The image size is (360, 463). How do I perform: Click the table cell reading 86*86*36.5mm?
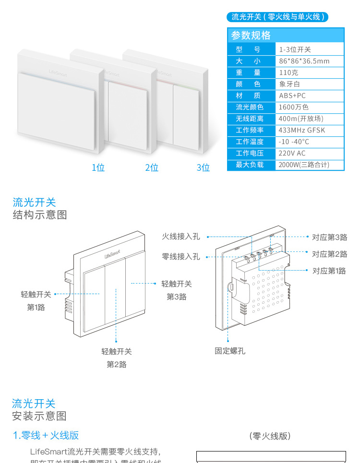point(304,61)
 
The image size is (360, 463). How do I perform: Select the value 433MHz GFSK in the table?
point(301,130)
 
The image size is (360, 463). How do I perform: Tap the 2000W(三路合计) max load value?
point(304,165)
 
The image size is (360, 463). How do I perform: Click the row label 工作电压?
point(250,153)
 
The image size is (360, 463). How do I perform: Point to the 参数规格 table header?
point(251,35)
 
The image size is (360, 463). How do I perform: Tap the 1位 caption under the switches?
point(98,167)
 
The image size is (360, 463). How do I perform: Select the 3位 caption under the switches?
point(203,167)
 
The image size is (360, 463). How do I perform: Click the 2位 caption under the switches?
point(152,167)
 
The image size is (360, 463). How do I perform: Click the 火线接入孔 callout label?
point(180,237)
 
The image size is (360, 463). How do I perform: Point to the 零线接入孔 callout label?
point(180,257)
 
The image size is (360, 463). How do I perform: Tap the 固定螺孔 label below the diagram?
point(230,351)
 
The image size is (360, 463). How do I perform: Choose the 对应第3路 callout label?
point(329,237)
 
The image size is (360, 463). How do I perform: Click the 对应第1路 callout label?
point(329,271)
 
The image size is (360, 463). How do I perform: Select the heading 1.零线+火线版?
point(46,435)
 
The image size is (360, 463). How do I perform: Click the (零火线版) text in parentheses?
point(270,436)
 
